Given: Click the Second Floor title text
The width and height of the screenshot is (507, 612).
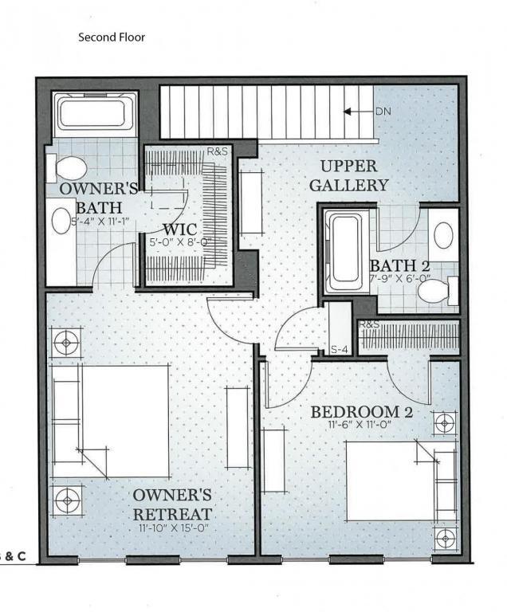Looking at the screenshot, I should click(112, 37).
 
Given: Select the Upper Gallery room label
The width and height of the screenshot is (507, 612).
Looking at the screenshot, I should click(354, 176).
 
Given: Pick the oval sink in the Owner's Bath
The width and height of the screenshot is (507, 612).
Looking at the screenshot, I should click(61, 221).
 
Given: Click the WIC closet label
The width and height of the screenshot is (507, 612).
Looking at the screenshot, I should click(179, 229).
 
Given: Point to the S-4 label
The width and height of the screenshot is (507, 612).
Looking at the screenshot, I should click(340, 348).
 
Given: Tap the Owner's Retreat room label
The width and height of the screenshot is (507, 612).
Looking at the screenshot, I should click(172, 504).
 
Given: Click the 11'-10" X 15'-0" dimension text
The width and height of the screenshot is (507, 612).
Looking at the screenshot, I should click(172, 528).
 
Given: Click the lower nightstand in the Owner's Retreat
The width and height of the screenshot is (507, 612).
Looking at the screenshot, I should click(66, 500).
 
